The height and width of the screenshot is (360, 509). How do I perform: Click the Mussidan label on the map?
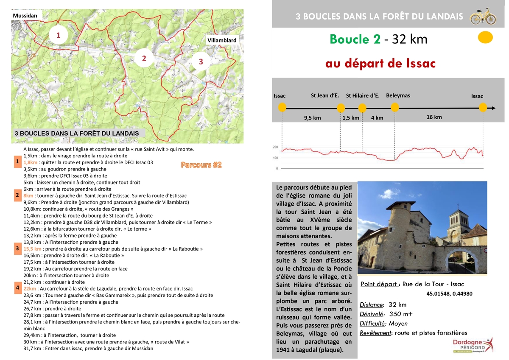point(25,16)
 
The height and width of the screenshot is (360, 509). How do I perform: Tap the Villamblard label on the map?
point(222,40)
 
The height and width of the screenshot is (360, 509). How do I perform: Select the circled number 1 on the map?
point(59,36)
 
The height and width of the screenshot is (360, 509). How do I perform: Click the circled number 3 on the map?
point(201,62)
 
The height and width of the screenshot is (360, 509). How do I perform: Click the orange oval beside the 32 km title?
point(485,38)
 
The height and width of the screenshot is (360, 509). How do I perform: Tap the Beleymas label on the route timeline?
point(398,95)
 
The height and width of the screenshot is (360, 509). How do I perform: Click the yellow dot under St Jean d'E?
point(341,108)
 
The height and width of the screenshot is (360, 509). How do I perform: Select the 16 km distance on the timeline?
point(434,117)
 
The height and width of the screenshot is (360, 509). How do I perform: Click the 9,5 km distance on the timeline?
point(312,118)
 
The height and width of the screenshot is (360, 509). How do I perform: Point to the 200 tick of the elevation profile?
point(275,148)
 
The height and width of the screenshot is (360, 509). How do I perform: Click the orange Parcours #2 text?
point(201,165)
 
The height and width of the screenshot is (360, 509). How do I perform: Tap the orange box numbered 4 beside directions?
point(17,287)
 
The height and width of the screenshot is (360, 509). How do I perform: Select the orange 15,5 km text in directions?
point(33,249)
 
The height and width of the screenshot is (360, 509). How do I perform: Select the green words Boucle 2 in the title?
point(355,39)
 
